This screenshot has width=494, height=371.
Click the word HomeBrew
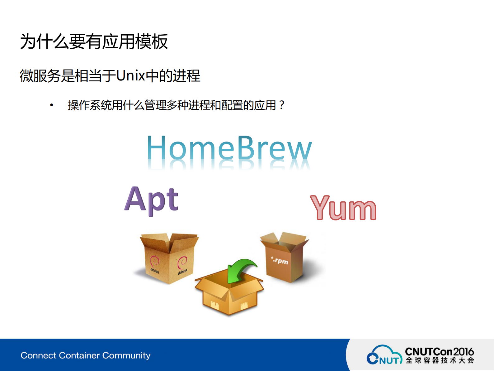click(x=229, y=148)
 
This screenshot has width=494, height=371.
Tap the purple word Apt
click(x=152, y=200)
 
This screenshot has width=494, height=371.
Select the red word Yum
click(x=343, y=208)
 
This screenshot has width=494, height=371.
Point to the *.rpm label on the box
click(x=280, y=260)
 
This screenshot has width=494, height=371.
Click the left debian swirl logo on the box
click(x=155, y=261)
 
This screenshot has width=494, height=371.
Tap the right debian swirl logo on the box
click(x=182, y=263)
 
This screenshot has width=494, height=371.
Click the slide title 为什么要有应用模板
click(x=94, y=42)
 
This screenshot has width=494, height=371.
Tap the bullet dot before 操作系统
click(x=52, y=105)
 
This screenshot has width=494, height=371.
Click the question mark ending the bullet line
click(x=281, y=105)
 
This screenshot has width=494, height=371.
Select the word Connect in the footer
click(x=38, y=355)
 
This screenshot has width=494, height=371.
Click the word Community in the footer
click(x=126, y=355)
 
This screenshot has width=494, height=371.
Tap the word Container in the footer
click(x=79, y=355)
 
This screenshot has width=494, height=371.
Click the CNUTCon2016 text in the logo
click(x=439, y=352)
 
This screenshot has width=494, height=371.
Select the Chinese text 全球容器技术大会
click(x=440, y=361)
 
